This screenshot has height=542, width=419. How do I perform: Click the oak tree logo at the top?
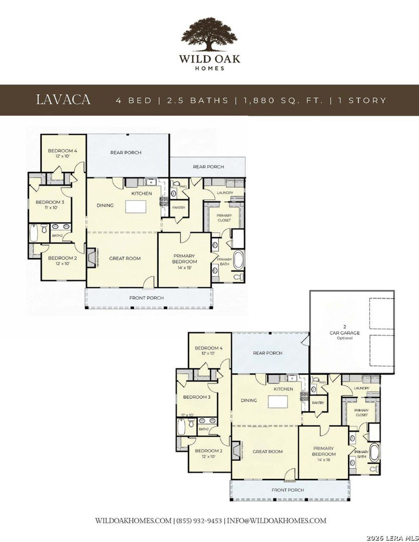click(x=210, y=34)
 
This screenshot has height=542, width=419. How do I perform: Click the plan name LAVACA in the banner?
click(x=63, y=100)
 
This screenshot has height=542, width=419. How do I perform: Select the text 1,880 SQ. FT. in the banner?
click(x=283, y=100)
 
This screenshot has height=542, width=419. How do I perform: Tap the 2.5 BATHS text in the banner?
click(x=198, y=100)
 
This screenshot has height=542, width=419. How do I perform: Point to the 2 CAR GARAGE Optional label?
click(x=344, y=332)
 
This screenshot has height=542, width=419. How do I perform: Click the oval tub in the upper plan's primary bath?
click(x=238, y=260)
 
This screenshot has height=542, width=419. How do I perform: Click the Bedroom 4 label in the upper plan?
click(x=63, y=151)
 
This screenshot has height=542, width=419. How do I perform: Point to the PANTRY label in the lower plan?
click(x=318, y=403)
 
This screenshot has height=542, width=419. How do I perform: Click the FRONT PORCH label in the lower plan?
click(x=287, y=490)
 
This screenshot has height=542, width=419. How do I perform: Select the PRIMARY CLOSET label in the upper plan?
click(x=224, y=218)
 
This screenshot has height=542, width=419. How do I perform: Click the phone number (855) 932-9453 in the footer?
click(x=199, y=520)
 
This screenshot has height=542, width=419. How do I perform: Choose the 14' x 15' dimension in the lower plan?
click(x=323, y=460)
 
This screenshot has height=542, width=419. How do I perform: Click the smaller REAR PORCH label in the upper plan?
click(x=208, y=167)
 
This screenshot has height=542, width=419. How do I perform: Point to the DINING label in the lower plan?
click(x=249, y=400)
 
